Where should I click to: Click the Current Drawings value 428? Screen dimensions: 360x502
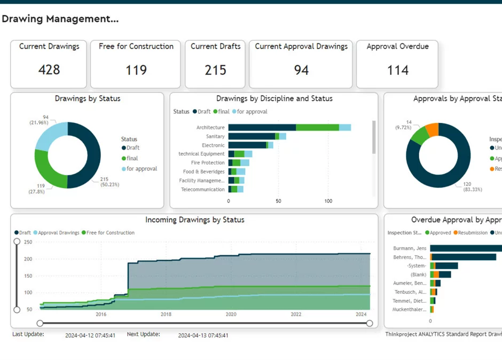[49, 70]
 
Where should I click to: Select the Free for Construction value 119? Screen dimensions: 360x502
[136, 70]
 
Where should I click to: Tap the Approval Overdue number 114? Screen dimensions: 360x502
[397, 70]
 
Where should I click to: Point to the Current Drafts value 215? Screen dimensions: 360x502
[215, 70]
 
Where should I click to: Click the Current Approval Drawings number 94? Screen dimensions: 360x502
[301, 70]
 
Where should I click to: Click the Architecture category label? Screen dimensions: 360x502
[210, 128]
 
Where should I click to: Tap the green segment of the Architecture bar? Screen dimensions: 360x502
[317, 128]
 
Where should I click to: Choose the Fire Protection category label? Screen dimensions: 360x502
[208, 163]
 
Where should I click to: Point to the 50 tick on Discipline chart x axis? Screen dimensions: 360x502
[278, 201]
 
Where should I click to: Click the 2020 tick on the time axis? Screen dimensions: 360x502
[231, 315]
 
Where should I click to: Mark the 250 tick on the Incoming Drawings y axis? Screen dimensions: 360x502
[28, 242]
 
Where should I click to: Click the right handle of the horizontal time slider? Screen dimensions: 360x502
[370, 323]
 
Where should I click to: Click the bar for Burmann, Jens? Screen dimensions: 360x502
[465, 248]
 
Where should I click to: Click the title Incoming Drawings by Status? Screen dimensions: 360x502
[194, 220]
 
